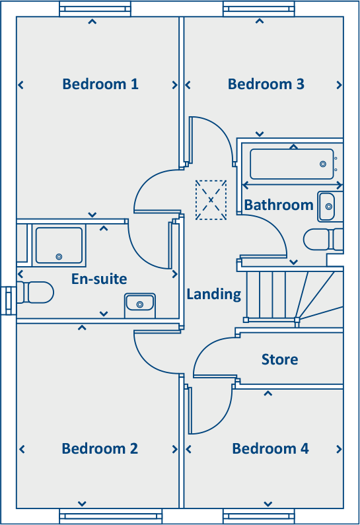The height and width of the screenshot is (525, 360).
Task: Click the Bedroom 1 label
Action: (x=100, y=85)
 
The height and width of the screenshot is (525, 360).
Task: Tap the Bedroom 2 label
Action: (x=100, y=449)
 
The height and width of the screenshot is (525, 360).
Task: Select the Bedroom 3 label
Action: (x=266, y=85)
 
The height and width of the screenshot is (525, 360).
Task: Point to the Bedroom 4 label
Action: (x=270, y=449)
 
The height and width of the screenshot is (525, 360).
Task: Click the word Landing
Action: (x=213, y=295)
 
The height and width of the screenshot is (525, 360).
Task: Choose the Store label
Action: (x=279, y=360)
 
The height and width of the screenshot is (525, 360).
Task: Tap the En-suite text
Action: (x=99, y=279)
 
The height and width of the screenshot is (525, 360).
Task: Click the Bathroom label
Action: (x=279, y=205)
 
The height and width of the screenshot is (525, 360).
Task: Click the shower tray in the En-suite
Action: (x=59, y=245)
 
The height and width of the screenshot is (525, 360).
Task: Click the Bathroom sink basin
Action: (x=327, y=207)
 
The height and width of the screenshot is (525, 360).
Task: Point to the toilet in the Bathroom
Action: (x=322, y=239)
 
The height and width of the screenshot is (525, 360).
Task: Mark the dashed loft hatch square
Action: (x=211, y=199)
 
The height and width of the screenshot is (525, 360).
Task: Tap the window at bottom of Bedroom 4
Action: (x=258, y=516)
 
